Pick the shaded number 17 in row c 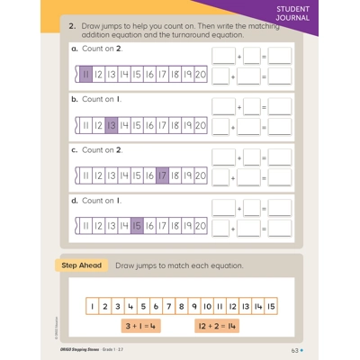pyautogui.click(x=162, y=176)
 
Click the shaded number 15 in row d pyautogui.click(x=137, y=226)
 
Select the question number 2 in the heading pyautogui.click(x=70, y=28)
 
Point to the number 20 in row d pyautogui.click(x=200, y=226)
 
